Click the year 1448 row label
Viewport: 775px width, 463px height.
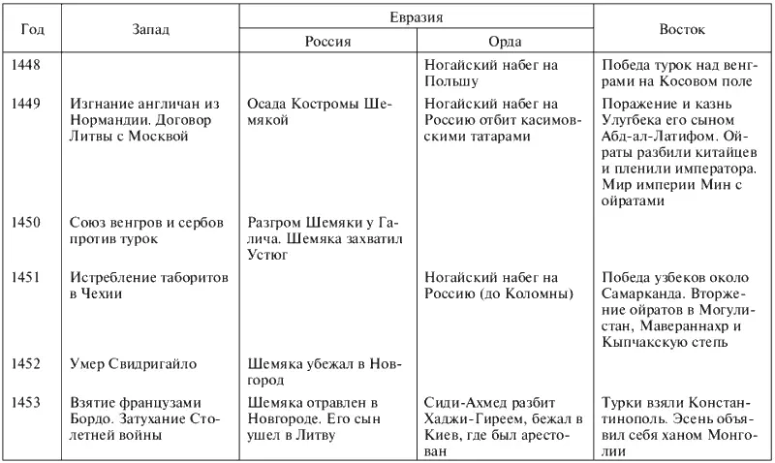coord(25,64)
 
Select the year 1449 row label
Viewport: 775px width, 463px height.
coord(25,104)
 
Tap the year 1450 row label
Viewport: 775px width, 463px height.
coord(25,222)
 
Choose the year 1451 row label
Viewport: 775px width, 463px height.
coord(25,278)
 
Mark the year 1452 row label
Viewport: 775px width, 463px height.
coord(25,364)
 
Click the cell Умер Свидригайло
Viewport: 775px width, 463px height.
coord(133,364)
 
